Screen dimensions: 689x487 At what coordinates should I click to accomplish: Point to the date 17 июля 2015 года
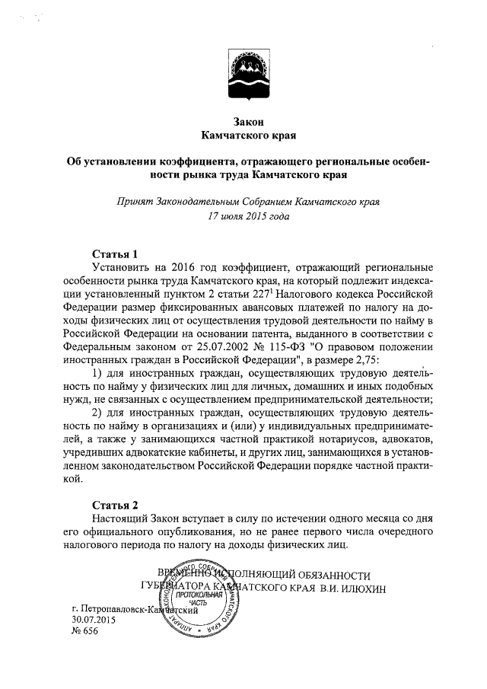pos(243,216)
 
